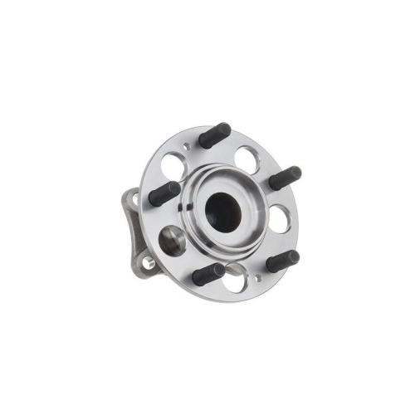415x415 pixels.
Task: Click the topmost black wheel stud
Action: pos(215,135)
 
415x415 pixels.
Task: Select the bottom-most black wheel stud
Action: pos(208,274)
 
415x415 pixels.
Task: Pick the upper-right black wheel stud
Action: pos(284,178)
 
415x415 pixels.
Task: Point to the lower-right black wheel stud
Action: pos(281,260)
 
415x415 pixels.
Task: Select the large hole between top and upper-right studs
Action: pos(247,156)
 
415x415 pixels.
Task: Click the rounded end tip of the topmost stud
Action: pos(227,129)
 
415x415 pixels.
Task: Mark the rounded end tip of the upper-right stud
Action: pos(296,173)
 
